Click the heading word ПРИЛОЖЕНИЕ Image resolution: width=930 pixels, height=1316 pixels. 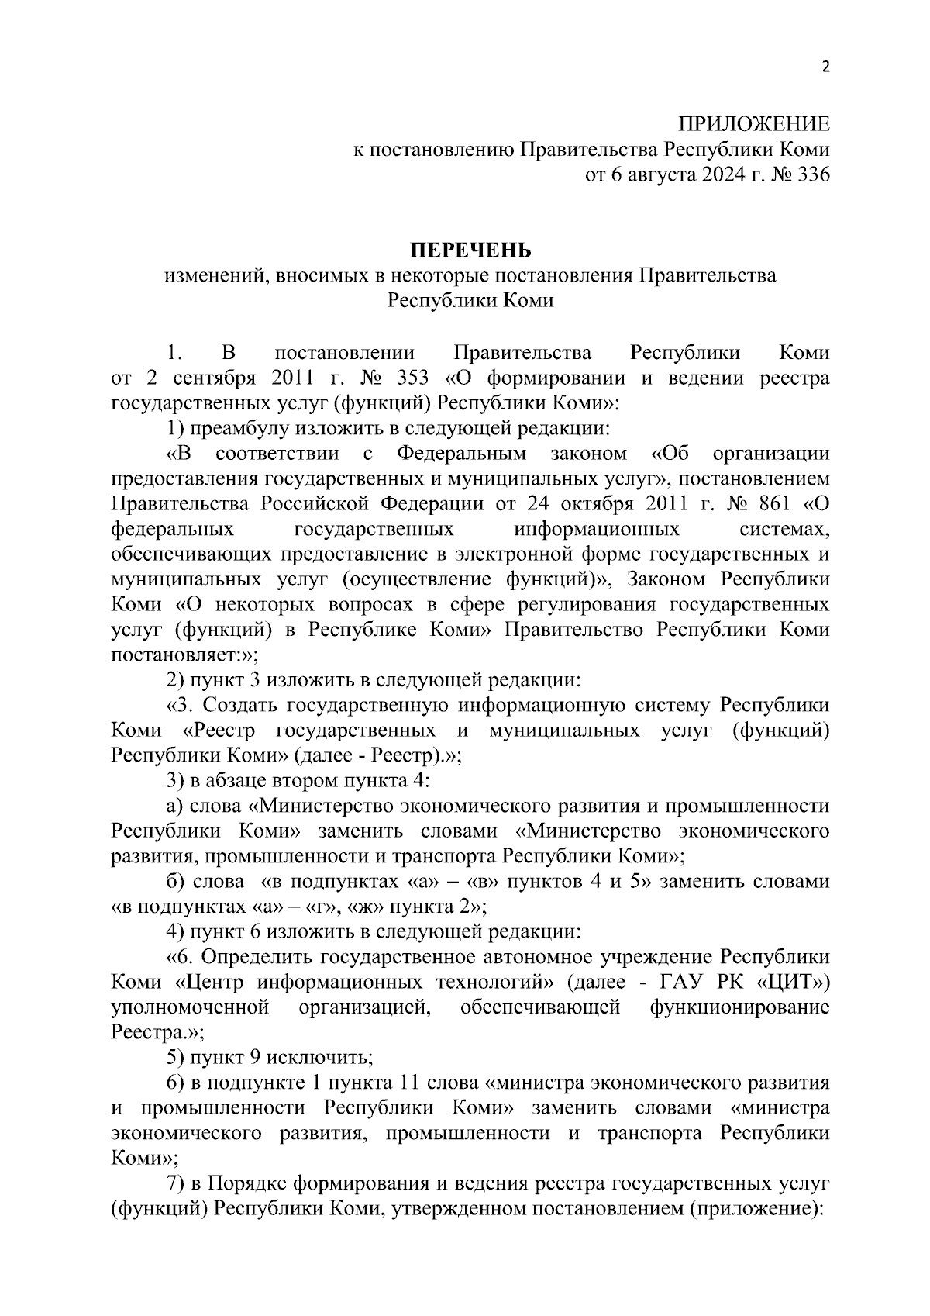[753, 124]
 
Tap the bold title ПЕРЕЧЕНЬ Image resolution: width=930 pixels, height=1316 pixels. [470, 250]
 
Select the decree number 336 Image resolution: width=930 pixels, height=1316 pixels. [813, 174]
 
